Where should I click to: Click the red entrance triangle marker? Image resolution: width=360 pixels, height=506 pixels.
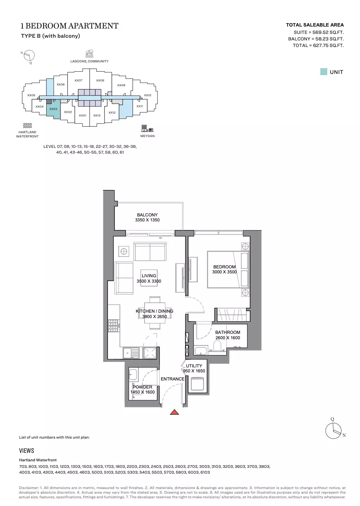[174, 412]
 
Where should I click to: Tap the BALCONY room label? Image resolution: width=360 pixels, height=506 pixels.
[147, 215]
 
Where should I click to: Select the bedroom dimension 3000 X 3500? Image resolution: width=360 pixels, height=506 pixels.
[224, 272]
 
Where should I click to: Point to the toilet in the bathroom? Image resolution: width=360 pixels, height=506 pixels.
[217, 346]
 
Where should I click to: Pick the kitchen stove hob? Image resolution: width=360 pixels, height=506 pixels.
[113, 325]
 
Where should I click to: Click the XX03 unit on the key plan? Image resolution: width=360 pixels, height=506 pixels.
[53, 109]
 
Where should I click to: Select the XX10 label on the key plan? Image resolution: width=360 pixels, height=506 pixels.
[148, 96]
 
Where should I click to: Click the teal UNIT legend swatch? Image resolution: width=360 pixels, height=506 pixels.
[324, 72]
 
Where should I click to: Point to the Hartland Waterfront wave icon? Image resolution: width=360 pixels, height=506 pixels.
[27, 126]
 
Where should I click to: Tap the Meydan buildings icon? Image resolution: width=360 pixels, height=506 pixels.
[148, 128]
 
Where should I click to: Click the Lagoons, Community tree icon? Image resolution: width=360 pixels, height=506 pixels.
[89, 54]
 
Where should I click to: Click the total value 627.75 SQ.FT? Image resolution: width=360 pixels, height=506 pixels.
[328, 45]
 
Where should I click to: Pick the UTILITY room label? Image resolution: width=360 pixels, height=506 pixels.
[194, 366]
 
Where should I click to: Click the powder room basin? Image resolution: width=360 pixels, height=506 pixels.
[133, 375]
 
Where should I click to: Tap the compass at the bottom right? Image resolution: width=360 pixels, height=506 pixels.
[333, 431]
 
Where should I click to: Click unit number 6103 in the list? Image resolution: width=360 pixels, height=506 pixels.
[205, 472]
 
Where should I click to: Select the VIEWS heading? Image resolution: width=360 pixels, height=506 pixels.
[27, 451]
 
